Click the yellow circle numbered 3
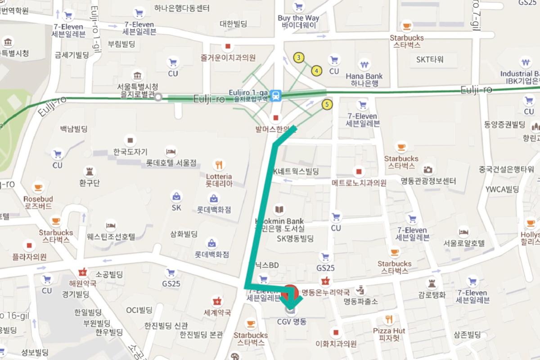[x=298, y=57]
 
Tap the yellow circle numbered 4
[x=317, y=71]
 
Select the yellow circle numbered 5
[x=328, y=105]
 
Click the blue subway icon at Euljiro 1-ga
[x=276, y=95]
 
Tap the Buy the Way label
[x=298, y=21]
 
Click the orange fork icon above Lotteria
[x=219, y=165]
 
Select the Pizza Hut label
[x=389, y=334]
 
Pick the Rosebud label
[x=38, y=202]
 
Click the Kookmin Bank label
[x=279, y=221]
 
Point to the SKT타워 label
[x=430, y=59]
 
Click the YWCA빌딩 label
[x=503, y=189]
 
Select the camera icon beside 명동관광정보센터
[x=428, y=169]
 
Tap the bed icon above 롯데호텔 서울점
[x=170, y=150]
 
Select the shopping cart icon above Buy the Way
[x=298, y=7]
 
